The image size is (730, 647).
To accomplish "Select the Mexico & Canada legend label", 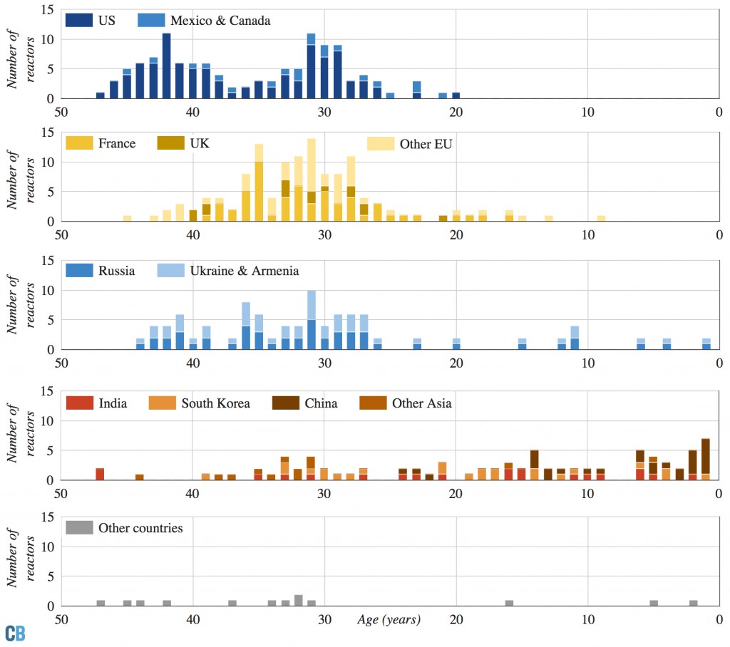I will point(220,21).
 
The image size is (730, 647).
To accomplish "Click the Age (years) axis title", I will point(389,619).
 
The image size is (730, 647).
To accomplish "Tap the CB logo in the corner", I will point(15,633).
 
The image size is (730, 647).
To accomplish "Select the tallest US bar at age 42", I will point(166,66).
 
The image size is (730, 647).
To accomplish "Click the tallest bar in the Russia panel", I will point(312,320).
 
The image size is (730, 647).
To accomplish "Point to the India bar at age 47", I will point(100,474).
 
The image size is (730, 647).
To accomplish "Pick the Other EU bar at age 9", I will point(601,218).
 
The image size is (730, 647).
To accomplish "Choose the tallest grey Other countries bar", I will point(299,600).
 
